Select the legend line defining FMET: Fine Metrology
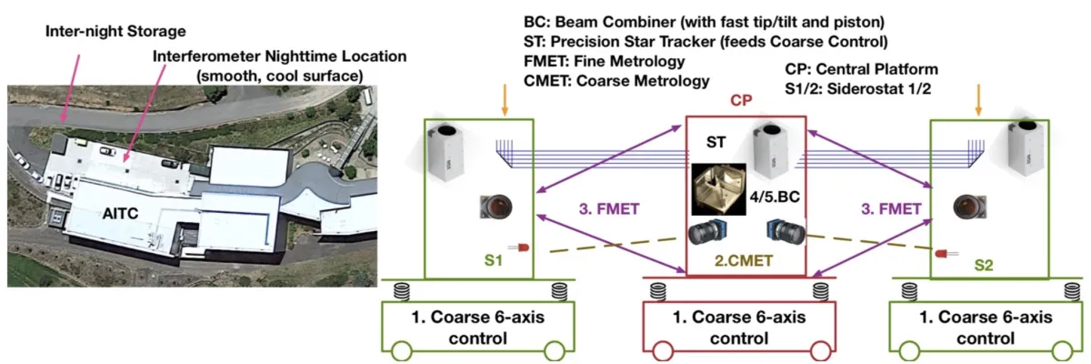click(606, 62)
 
